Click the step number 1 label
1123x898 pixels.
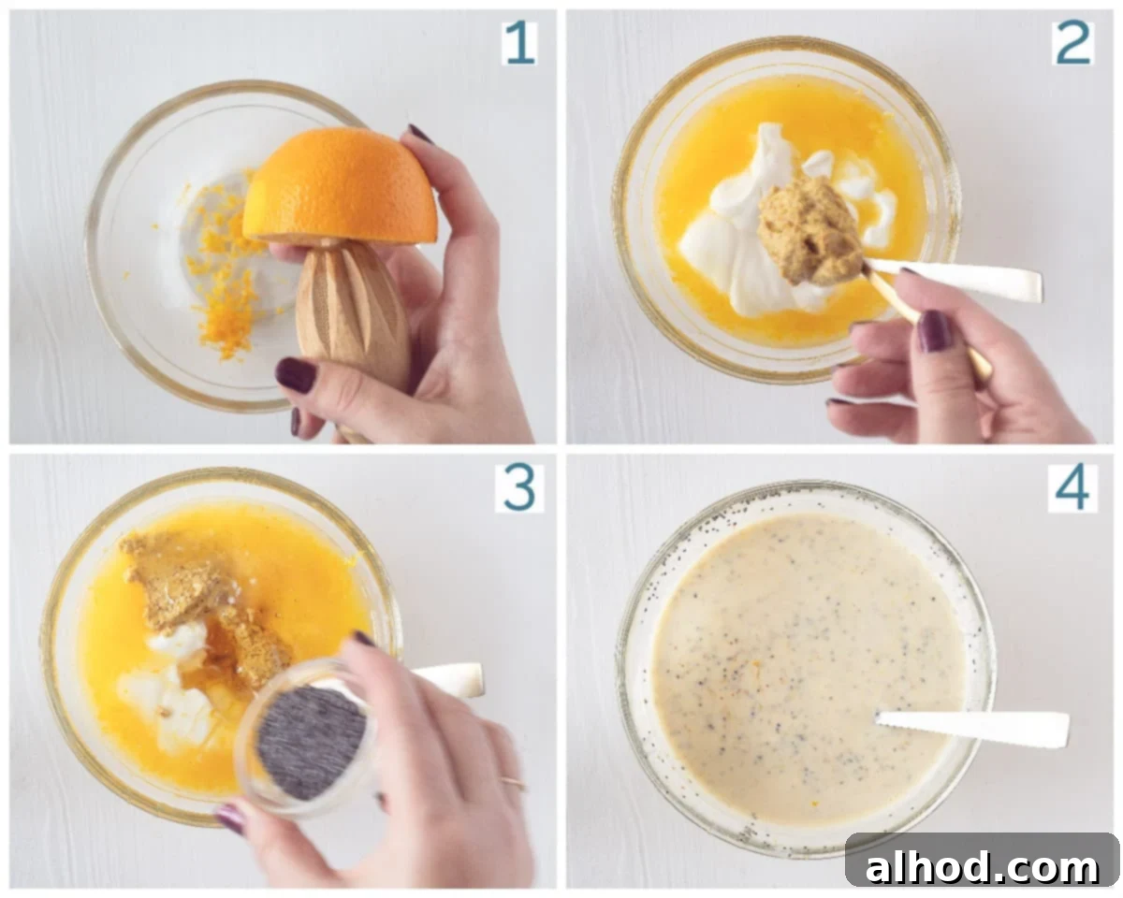pos(519,43)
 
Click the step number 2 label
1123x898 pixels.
pos(1072,43)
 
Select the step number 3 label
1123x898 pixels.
pos(519,488)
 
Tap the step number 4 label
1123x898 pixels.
pos(1072,488)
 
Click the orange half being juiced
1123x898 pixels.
pos(340,185)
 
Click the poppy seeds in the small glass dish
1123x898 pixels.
pos(312,742)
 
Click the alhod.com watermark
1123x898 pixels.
pos(982,867)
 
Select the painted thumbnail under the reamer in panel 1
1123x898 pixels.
pos(296,373)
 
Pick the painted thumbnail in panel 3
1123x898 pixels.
pos(232,818)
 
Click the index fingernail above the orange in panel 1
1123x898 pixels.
pos(420,134)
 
